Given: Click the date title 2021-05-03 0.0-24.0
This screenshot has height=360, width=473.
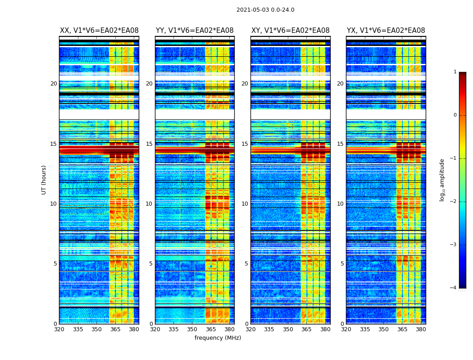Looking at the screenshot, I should click(x=265, y=10).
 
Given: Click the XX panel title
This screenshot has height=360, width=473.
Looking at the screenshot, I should click(x=99, y=31).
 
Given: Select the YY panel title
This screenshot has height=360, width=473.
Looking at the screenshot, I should click(x=195, y=31).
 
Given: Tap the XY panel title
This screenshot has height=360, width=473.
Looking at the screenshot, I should click(x=290, y=31).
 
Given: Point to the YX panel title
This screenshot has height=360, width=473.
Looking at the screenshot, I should click(x=386, y=31).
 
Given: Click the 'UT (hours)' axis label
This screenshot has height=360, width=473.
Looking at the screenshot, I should click(x=44, y=180).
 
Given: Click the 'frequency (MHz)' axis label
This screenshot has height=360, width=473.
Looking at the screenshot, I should click(x=218, y=338).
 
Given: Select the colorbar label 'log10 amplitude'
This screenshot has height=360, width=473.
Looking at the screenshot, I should click(x=442, y=180).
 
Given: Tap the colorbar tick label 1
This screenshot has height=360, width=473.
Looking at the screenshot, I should click(x=455, y=72).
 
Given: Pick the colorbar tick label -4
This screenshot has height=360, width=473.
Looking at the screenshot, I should click(x=454, y=288).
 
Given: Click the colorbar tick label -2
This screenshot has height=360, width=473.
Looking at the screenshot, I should click(x=454, y=202).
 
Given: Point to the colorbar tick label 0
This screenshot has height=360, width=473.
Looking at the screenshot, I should click(x=455, y=115).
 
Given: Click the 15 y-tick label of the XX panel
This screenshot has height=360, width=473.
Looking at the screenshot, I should click(x=54, y=144).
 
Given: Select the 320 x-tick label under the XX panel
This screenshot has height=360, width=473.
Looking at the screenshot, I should click(x=59, y=329).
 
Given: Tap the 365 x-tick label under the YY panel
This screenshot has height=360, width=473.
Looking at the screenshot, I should click(x=211, y=329).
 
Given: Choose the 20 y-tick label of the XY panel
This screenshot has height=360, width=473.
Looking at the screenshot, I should click(x=245, y=84).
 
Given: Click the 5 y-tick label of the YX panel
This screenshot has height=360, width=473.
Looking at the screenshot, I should click(x=342, y=264).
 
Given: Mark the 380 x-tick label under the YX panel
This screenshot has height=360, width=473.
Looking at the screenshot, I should click(x=421, y=329).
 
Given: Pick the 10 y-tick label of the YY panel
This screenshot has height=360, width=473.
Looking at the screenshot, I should click(x=149, y=204).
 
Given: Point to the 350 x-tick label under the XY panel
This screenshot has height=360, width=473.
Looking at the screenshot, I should click(x=288, y=329).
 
